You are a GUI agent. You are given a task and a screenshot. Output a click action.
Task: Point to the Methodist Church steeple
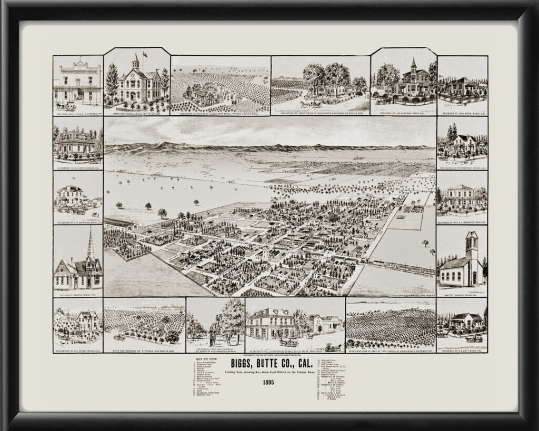tap(90, 247)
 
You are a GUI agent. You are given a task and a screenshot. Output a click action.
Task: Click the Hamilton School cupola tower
tap(135, 63)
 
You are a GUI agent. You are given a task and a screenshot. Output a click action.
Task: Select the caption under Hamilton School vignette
tap(136, 113)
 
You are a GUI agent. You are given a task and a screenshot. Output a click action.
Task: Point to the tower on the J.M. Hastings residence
tap(413, 66)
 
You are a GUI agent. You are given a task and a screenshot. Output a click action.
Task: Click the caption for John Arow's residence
tap(462, 113)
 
